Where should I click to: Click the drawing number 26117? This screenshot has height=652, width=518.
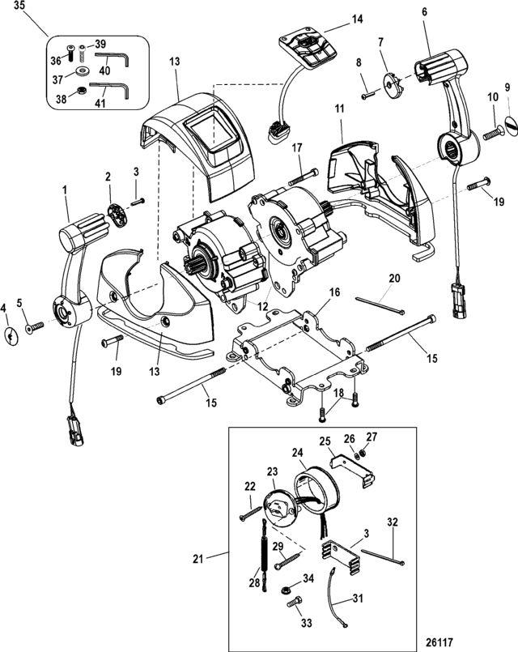[484, 637]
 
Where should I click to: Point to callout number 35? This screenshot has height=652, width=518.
[19, 6]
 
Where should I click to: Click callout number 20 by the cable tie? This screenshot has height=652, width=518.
[394, 278]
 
